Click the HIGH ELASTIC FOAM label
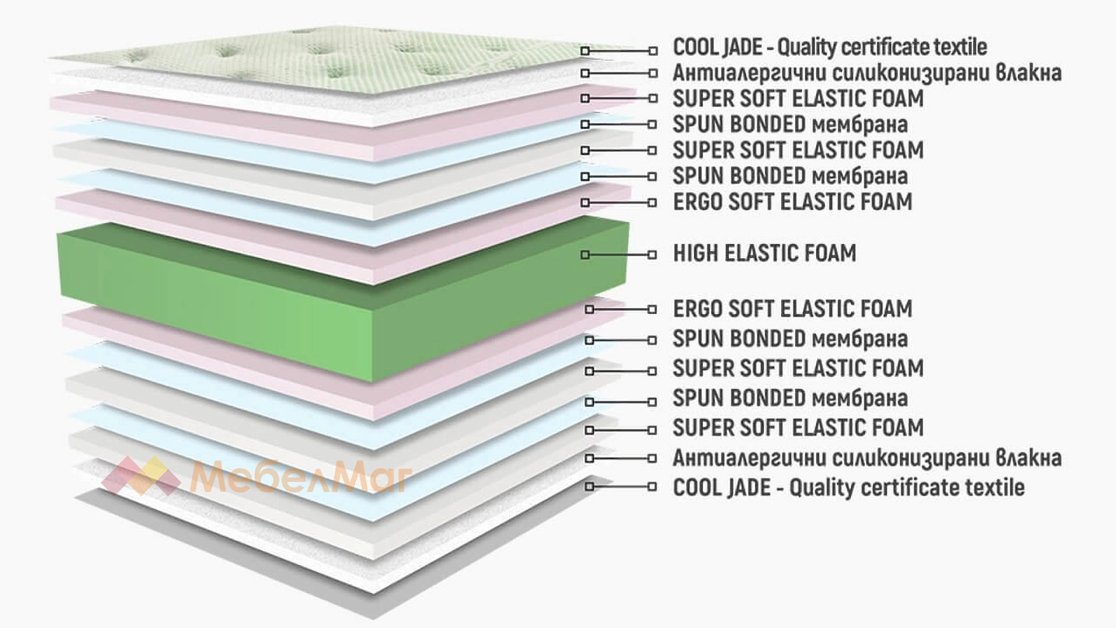point(764,254)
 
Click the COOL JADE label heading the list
point(830,47)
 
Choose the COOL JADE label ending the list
point(849,487)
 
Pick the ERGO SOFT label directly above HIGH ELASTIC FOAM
point(793,202)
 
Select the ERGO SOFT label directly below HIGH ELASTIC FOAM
point(793,309)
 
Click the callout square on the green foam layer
point(585,255)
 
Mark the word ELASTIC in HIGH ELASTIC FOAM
point(761,254)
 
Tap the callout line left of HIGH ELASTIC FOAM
point(619,255)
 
